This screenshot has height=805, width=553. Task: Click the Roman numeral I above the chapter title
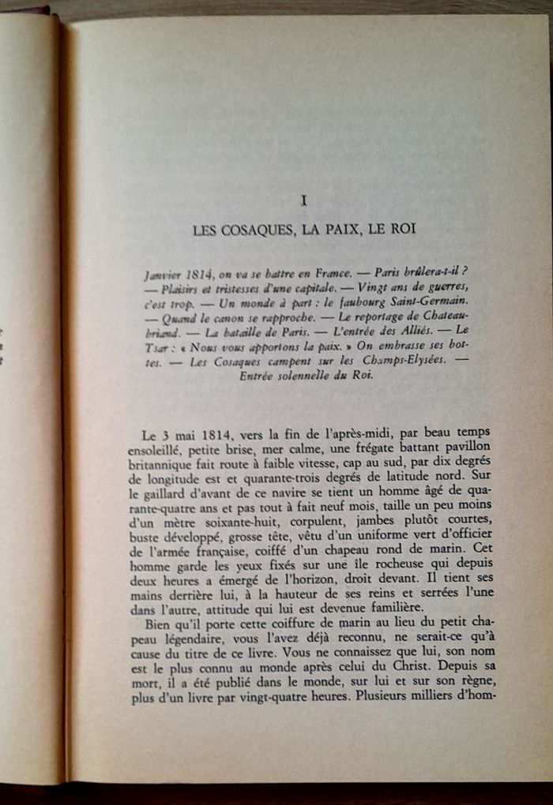click(x=304, y=201)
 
